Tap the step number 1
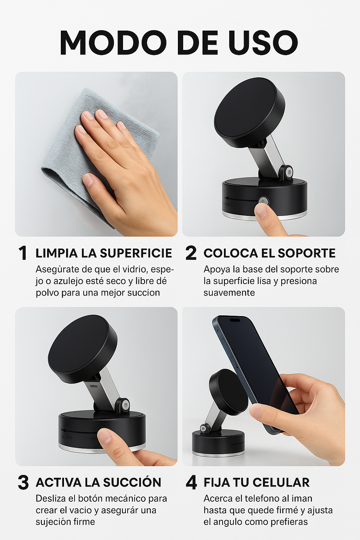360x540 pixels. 23,253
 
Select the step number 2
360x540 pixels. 191,253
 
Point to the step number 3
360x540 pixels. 23,482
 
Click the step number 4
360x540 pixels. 191,482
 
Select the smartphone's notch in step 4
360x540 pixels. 234,320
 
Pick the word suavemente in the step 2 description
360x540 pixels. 229,292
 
